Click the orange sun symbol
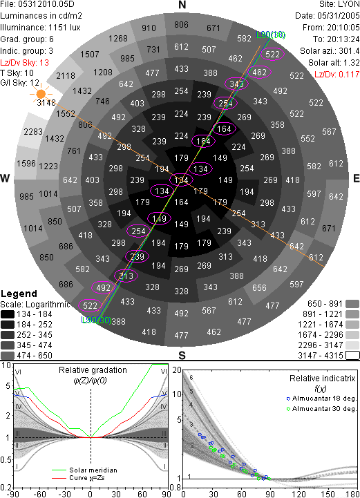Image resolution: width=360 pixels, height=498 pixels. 41,94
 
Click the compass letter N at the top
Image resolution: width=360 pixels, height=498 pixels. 182,5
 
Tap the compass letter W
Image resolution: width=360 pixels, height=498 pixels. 5,178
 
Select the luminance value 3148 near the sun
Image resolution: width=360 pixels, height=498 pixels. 46,103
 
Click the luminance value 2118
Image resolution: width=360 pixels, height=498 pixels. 66,75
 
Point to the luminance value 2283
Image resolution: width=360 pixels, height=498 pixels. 33,131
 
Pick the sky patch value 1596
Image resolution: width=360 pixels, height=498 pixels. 26,163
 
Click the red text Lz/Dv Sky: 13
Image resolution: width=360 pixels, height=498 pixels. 24,63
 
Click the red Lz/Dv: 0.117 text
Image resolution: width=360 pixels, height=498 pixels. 337,75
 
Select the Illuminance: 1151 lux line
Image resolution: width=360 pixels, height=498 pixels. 40,28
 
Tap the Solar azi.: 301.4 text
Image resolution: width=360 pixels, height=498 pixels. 330,51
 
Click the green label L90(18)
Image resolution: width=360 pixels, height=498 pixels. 271,35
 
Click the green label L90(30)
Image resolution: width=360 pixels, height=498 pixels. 96,320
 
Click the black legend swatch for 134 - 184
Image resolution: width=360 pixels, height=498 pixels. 8,314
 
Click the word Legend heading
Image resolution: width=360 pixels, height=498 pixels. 19,294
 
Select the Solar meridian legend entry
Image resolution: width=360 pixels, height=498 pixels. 84,470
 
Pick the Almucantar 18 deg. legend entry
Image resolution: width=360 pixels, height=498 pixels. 321,399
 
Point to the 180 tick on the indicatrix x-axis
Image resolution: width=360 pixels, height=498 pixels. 352,494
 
